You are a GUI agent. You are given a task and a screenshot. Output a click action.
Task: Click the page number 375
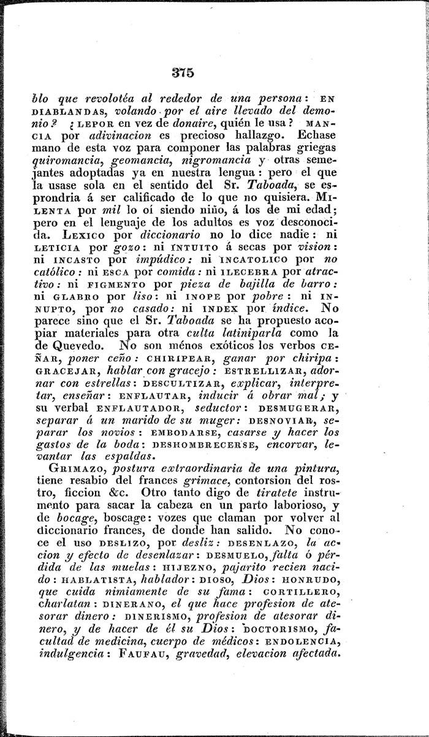(183, 73)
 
